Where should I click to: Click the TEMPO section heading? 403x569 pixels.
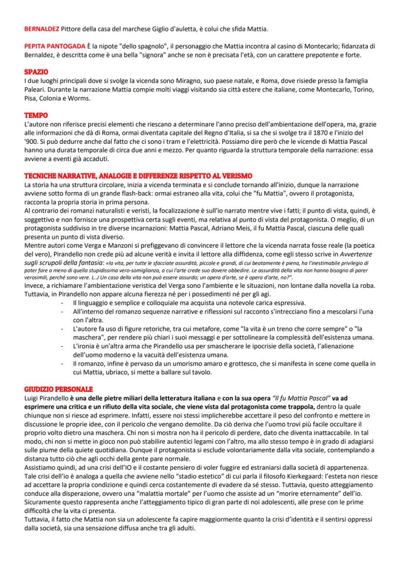point(36,116)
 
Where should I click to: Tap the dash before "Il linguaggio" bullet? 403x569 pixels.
point(62,304)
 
